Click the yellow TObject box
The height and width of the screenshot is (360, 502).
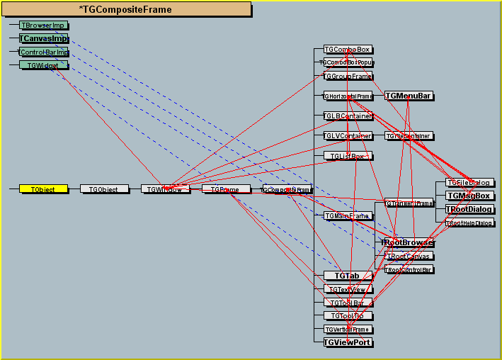(42, 189)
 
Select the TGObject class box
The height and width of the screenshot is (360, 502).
(104, 189)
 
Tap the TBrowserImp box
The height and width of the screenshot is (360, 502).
(43, 25)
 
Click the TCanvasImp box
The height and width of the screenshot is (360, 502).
(43, 38)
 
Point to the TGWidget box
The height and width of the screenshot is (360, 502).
(43, 65)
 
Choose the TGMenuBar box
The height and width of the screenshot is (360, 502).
(409, 96)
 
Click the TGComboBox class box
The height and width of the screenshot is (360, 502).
(347, 50)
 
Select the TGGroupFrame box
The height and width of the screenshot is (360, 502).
(347, 76)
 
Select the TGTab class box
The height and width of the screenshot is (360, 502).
(347, 275)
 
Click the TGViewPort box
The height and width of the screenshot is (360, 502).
(347, 342)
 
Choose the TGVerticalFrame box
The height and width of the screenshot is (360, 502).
(347, 330)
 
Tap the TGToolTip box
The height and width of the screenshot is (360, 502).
(347, 315)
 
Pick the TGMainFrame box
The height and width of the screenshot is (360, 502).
(347, 215)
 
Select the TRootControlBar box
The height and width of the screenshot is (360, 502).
(409, 269)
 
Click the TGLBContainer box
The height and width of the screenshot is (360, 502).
(347, 116)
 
